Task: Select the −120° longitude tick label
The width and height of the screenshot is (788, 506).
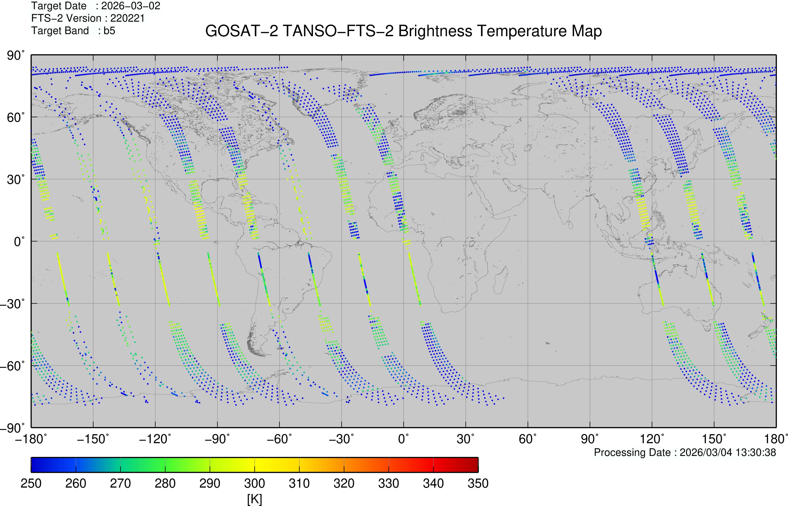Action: [155, 439]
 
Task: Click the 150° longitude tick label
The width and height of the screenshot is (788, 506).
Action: [714, 439]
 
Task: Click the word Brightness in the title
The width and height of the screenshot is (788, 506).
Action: [435, 31]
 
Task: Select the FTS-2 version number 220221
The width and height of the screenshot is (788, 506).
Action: [127, 18]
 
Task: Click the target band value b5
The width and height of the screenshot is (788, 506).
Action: [109, 31]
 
